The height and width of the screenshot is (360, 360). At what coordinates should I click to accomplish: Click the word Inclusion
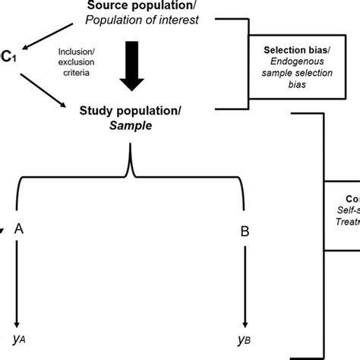75,52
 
